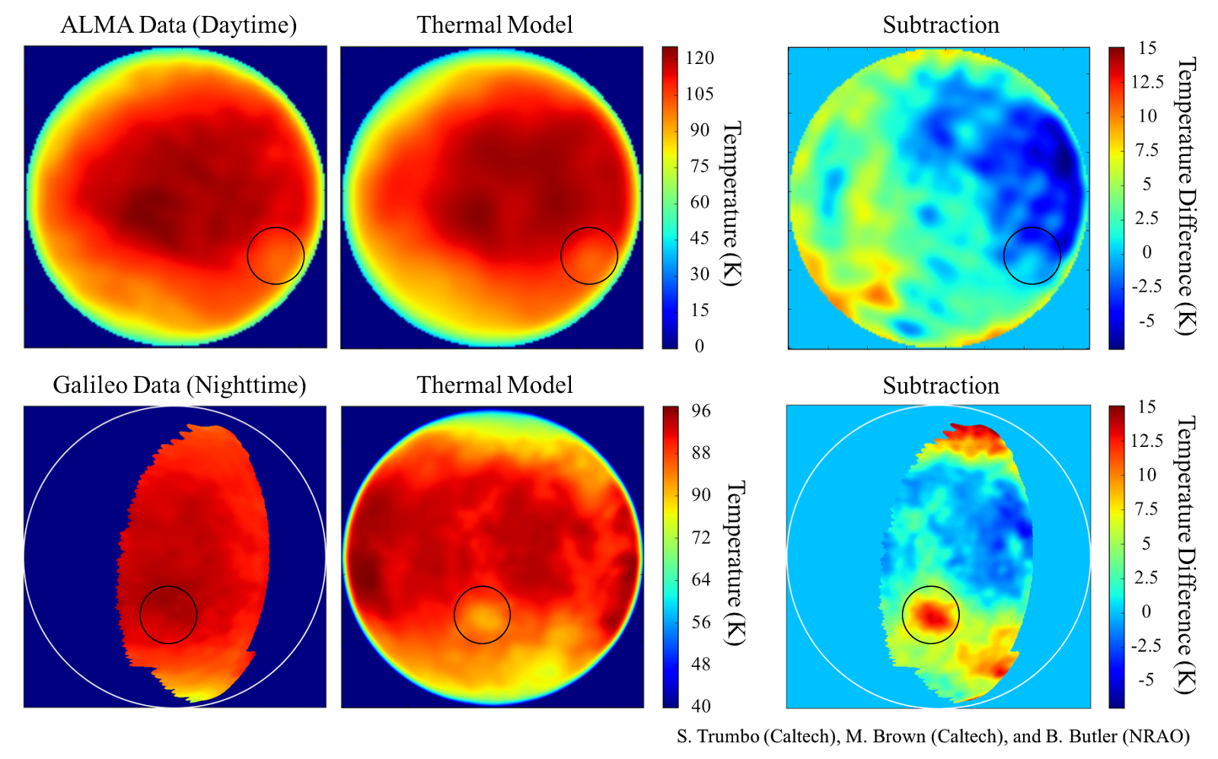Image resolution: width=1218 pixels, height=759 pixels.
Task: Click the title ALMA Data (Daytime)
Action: tap(178, 25)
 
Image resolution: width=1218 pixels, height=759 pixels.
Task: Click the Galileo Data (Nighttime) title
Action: tap(179, 385)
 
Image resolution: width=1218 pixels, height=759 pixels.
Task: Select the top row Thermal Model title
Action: tap(494, 25)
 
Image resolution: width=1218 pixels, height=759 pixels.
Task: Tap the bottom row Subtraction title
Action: tap(941, 386)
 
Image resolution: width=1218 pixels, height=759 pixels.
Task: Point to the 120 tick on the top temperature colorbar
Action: tap(699, 58)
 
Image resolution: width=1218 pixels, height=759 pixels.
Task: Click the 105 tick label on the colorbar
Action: tap(699, 94)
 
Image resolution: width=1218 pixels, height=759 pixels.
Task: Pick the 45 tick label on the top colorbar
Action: tap(699, 238)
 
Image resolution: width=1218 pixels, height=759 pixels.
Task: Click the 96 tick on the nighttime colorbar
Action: tap(700, 411)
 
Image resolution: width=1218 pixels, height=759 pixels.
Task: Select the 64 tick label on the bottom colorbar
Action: tap(700, 579)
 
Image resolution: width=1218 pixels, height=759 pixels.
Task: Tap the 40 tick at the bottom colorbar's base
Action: tap(700, 706)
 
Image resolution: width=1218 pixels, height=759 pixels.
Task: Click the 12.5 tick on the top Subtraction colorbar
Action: tap(1146, 81)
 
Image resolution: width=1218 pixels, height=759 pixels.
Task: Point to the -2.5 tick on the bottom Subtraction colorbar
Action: tap(1146, 646)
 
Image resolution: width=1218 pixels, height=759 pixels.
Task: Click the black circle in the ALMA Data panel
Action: tap(276, 256)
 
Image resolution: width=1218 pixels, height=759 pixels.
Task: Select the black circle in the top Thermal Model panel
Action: tap(589, 256)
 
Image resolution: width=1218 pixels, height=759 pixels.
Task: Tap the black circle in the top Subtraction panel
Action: tap(1032, 256)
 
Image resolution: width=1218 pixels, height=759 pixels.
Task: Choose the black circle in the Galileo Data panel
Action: tap(168, 614)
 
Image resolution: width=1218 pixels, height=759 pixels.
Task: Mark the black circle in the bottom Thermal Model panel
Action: tap(482, 614)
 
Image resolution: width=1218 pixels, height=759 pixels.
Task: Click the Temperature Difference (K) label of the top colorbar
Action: tap(1186, 196)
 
